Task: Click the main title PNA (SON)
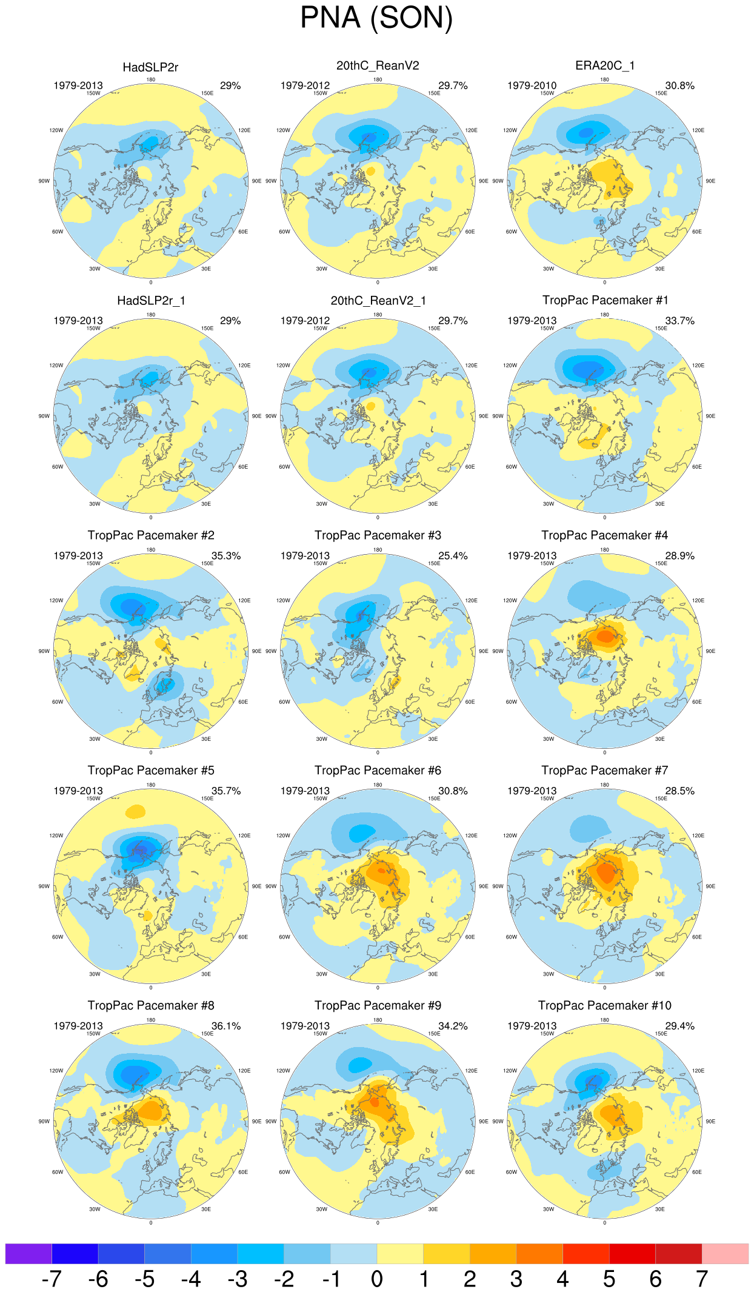pyautogui.click(x=376, y=18)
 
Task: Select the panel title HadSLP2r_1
pyautogui.click(x=150, y=301)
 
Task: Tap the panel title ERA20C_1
pyautogui.click(x=604, y=65)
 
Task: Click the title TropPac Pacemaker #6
pyautogui.click(x=378, y=770)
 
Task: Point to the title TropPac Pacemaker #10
pyautogui.click(x=604, y=1005)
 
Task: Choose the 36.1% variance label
pyautogui.click(x=226, y=1026)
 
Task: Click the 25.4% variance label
pyautogui.click(x=453, y=555)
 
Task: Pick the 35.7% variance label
pyautogui.click(x=226, y=791)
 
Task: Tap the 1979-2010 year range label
pyautogui.click(x=532, y=85)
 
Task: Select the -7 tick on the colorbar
pyautogui.click(x=52, y=1279)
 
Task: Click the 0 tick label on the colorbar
pyautogui.click(x=377, y=1279)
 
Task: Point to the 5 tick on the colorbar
pyautogui.click(x=609, y=1279)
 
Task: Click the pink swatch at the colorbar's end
pyautogui.click(x=725, y=1253)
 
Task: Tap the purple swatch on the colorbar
pyautogui.click(x=28, y=1253)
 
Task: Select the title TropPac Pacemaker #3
pyautogui.click(x=378, y=535)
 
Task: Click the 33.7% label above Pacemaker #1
pyautogui.click(x=679, y=321)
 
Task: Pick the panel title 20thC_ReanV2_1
pyautogui.click(x=378, y=301)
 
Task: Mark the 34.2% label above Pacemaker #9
pyautogui.click(x=453, y=1026)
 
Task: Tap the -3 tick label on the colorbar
pyautogui.click(x=238, y=1279)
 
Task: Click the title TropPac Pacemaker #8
pyautogui.click(x=151, y=1005)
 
